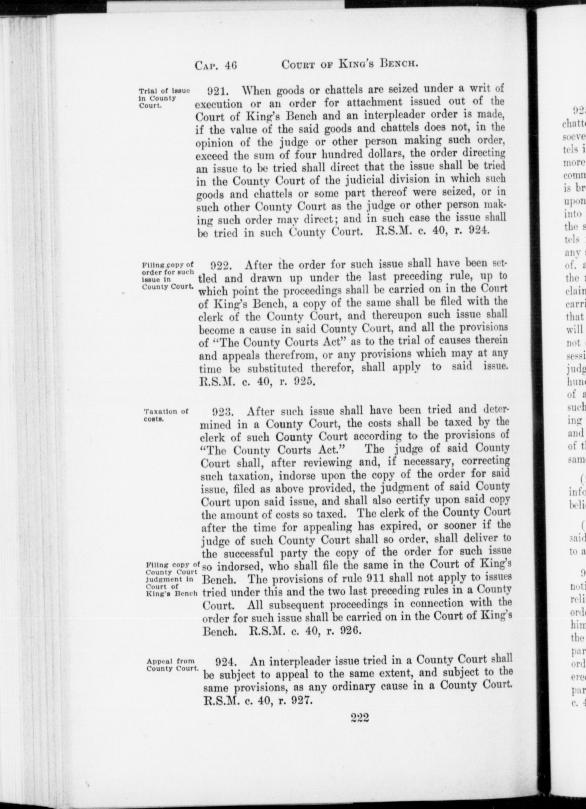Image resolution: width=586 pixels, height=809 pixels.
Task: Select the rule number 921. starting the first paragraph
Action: tap(218, 91)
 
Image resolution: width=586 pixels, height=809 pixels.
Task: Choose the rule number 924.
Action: tap(228, 661)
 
